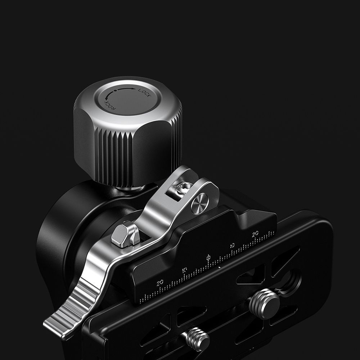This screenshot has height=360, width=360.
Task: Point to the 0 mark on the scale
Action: click(208, 257)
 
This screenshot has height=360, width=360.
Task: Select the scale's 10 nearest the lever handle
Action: click(184, 269)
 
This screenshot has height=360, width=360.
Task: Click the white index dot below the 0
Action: click(219, 268)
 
